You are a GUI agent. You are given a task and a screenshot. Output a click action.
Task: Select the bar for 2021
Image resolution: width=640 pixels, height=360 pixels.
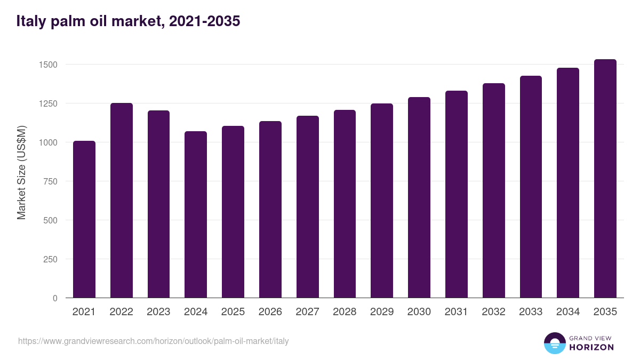(x=84, y=219)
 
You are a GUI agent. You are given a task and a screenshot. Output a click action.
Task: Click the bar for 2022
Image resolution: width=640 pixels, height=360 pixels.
(x=122, y=201)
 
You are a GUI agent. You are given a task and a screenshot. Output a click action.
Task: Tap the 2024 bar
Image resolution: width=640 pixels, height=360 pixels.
(x=196, y=214)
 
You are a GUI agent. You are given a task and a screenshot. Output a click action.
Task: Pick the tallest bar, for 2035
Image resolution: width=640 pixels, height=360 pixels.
(x=605, y=179)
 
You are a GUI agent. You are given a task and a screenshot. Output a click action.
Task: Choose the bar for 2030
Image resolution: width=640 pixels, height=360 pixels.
(x=419, y=197)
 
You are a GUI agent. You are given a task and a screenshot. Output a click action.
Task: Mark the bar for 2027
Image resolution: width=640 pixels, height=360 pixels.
(x=308, y=207)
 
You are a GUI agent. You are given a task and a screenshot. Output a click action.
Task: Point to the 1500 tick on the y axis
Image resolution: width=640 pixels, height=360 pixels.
(x=47, y=65)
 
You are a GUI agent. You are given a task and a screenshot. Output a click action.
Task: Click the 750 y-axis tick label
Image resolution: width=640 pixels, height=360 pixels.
(x=50, y=181)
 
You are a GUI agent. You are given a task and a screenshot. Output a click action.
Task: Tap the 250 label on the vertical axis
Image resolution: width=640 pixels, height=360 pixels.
(x=50, y=259)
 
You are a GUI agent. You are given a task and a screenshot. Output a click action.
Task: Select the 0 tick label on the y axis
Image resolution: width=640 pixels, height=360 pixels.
(x=55, y=298)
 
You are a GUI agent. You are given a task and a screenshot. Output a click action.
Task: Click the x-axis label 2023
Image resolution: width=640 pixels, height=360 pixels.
(x=159, y=312)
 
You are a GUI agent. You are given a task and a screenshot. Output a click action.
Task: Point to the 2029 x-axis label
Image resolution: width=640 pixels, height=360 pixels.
(x=382, y=312)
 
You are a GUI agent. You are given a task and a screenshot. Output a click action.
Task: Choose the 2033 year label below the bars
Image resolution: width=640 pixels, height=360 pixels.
(x=531, y=312)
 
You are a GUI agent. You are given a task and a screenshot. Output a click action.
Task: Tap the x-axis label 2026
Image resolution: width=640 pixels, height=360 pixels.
(x=270, y=312)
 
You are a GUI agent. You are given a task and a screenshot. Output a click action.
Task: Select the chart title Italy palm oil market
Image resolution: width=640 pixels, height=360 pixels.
(x=128, y=21)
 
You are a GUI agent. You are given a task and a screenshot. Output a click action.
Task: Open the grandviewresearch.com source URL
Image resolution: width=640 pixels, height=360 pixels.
(x=154, y=341)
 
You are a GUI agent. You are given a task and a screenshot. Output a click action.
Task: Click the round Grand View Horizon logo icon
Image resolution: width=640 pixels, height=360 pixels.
(x=555, y=343)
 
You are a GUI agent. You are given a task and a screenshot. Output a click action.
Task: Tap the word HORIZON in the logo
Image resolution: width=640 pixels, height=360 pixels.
(x=591, y=347)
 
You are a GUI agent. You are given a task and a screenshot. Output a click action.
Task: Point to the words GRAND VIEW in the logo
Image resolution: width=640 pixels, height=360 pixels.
(x=591, y=338)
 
